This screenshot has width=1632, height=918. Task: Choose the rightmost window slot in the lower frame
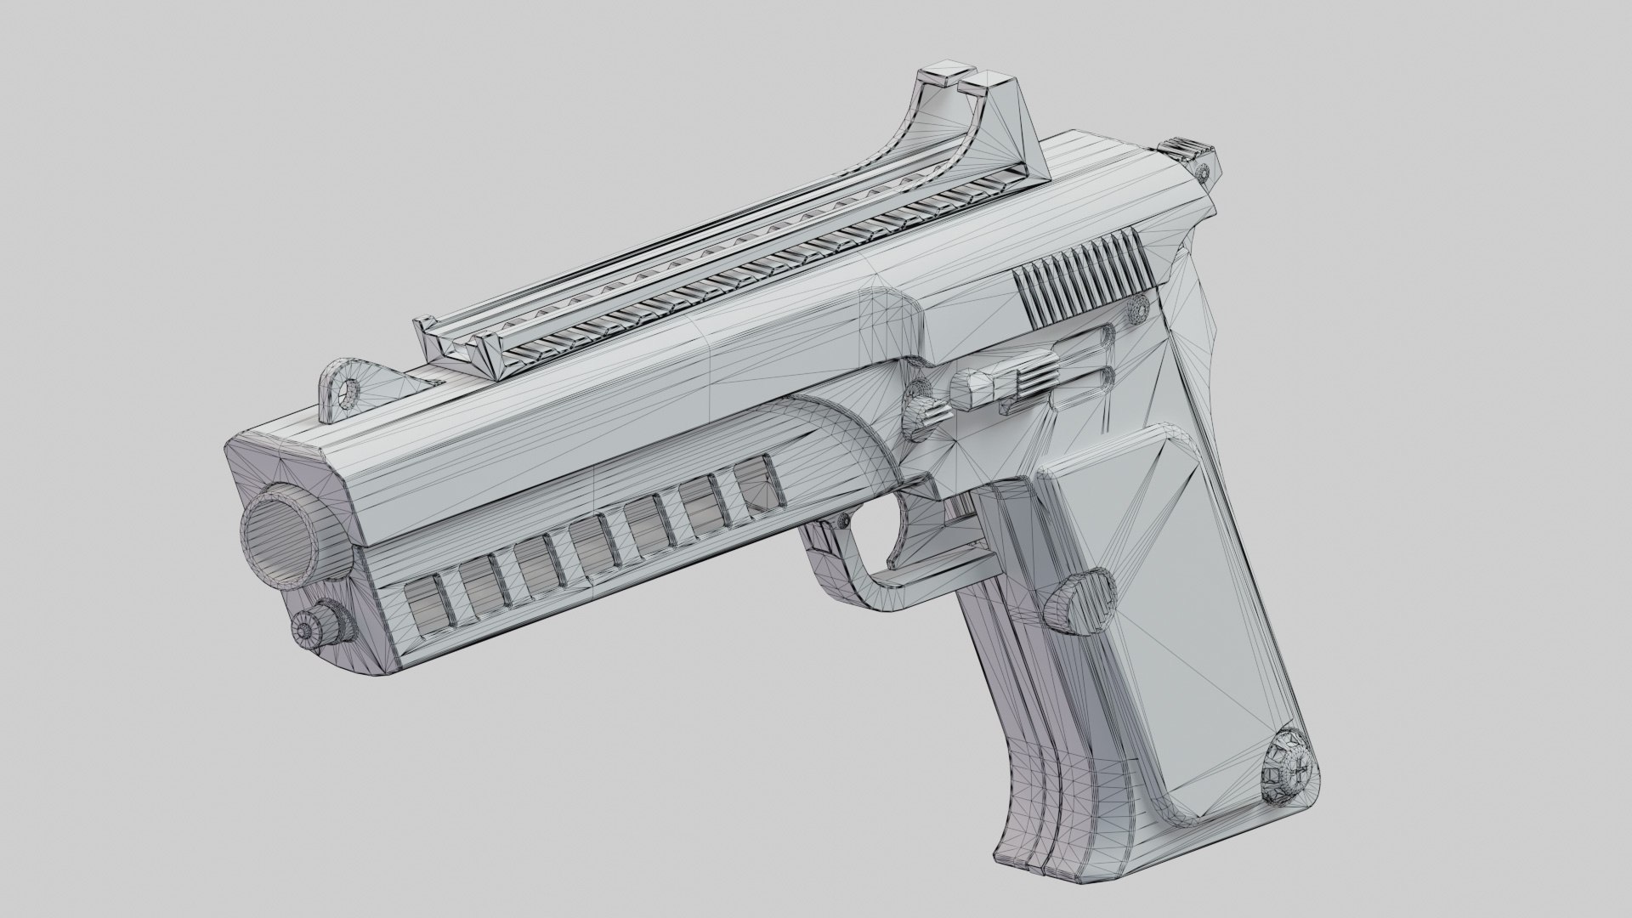pos(757,483)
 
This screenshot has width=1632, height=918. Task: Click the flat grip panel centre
pos(1190,612)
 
